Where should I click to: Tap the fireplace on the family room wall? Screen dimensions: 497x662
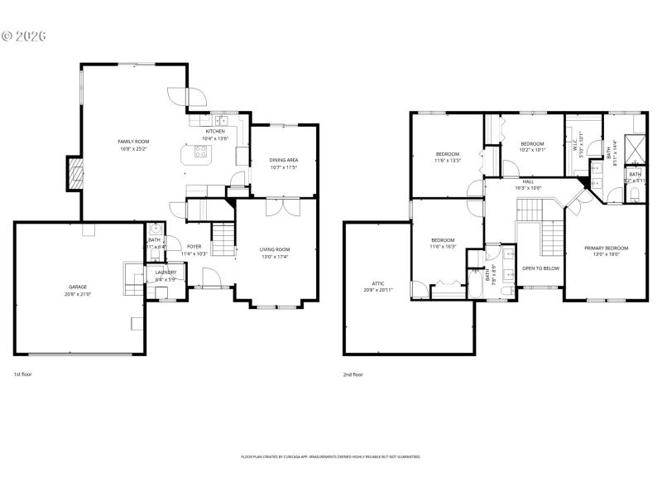click(75, 173)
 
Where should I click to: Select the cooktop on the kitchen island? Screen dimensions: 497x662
click(200, 152)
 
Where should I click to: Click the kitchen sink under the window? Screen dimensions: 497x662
click(220, 120)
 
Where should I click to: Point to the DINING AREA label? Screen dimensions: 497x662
click(283, 160)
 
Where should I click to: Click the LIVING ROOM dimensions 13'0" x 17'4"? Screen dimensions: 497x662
click(275, 256)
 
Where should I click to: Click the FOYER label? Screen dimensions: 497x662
click(194, 247)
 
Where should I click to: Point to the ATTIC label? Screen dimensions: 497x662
click(379, 283)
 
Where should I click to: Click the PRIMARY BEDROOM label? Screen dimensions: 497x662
click(606, 248)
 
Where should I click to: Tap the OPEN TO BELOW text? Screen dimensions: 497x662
click(540, 268)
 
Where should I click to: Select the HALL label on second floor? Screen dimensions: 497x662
click(528, 181)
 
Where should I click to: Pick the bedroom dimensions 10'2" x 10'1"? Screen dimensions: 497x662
click(532, 150)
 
